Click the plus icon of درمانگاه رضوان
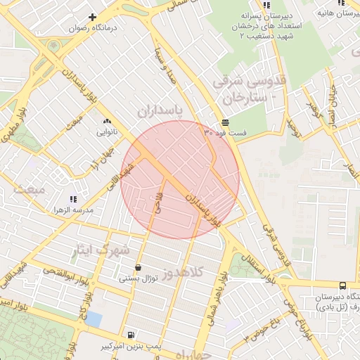pos(92,17)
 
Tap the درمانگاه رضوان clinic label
pos(92,29)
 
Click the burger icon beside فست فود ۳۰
pos(224,122)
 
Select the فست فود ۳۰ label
pos(226,132)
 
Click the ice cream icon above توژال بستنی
pos(137,268)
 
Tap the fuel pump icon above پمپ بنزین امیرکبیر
pos(131,335)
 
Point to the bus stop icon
pos(342,285)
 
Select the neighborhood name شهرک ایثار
pos(102,249)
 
